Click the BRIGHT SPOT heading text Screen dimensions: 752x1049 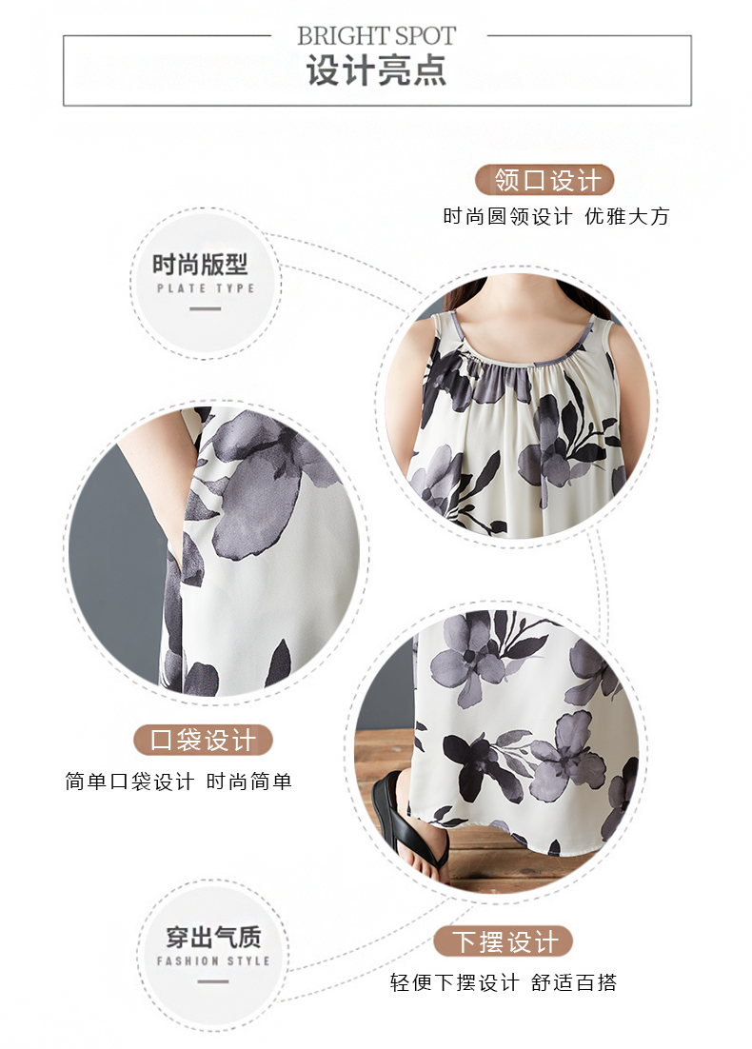point(376,35)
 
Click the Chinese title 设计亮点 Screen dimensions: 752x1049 point(377,70)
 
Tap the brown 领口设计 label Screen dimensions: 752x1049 point(544,180)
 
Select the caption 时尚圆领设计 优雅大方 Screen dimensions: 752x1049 point(556,216)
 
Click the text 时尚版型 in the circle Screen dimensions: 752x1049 point(200,265)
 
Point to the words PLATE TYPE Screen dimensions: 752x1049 point(206,288)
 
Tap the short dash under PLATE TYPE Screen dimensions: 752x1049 point(206,308)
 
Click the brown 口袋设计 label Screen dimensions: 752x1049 point(203,740)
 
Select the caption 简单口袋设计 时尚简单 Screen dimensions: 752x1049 point(179,782)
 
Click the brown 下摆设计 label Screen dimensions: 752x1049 point(504,942)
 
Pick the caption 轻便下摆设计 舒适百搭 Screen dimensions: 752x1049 point(504,982)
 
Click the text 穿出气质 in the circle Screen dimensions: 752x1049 point(213,937)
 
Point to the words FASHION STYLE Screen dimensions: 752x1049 point(213,960)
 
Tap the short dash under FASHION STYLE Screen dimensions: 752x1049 point(213,981)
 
